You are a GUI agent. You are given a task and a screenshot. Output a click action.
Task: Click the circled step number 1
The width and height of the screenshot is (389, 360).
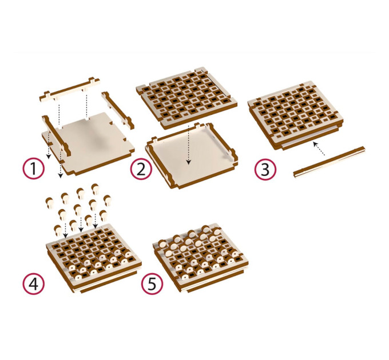[34, 169]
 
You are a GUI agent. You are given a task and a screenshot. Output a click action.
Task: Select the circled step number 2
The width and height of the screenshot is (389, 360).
[141, 169]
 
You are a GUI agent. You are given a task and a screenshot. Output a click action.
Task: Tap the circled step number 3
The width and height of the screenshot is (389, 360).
[265, 170]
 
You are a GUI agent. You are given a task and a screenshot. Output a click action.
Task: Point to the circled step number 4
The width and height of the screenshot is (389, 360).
[34, 283]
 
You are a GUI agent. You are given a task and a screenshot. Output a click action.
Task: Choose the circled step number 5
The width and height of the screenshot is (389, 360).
[152, 283]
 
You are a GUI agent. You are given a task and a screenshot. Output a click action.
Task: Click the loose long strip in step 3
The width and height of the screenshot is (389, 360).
[329, 162]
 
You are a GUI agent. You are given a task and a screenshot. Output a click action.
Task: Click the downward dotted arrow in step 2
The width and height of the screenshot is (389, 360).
[189, 145]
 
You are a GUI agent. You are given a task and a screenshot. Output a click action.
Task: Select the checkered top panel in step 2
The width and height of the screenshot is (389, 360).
[186, 97]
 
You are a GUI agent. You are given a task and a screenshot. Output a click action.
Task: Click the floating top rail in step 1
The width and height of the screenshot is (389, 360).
[70, 90]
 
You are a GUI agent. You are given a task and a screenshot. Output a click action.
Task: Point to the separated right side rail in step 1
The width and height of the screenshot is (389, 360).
[118, 110]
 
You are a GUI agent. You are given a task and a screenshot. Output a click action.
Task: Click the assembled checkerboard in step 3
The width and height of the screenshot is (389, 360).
[296, 115]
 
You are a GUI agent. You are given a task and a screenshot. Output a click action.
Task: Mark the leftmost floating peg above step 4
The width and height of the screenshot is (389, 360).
[49, 202]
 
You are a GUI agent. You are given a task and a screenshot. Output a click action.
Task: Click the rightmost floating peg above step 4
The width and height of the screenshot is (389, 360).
[107, 200]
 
